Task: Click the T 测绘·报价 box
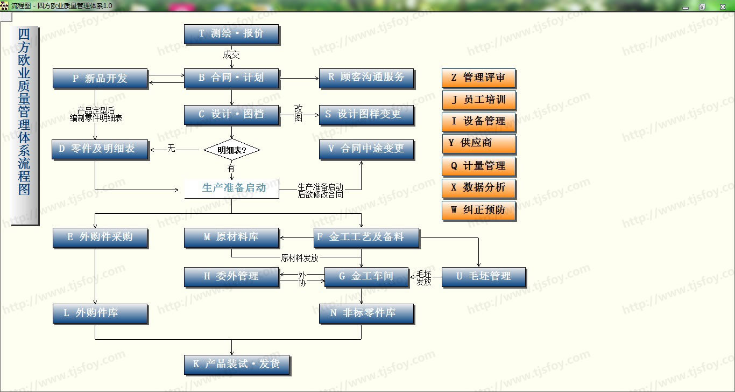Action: [x=231, y=34]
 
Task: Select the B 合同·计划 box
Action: [x=231, y=78]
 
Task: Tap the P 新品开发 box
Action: [x=100, y=79]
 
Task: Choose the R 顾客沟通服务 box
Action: [x=366, y=78]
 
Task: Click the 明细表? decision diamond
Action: [x=232, y=150]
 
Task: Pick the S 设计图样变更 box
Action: [x=366, y=115]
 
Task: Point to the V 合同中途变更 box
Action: [x=366, y=149]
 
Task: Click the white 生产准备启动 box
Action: [x=232, y=188]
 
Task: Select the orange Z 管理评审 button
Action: [x=478, y=78]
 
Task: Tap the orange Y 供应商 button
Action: [x=478, y=144]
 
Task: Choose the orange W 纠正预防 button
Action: [x=478, y=210]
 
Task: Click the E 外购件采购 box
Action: [x=100, y=237]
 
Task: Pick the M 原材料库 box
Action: [x=231, y=237]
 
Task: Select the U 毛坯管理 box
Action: [x=483, y=277]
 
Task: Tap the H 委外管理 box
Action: [x=231, y=277]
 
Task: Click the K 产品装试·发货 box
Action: [x=237, y=365]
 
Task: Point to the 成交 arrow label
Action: [x=231, y=54]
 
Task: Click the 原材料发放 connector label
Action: [x=300, y=257]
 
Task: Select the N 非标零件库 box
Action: [x=366, y=313]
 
